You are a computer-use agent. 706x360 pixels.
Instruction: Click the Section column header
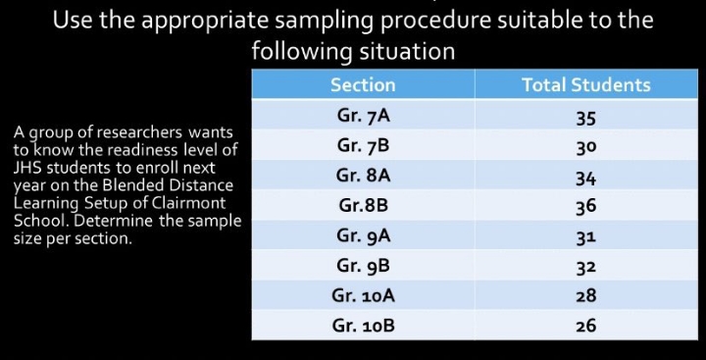pyautogui.click(x=363, y=85)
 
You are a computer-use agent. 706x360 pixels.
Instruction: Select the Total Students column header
pyautogui.click(x=585, y=85)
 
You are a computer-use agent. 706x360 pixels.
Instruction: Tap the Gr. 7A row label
pyautogui.click(x=363, y=115)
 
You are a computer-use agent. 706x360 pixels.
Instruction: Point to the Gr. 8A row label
pyautogui.click(x=363, y=176)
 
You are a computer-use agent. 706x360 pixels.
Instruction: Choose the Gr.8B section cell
pyautogui.click(x=363, y=206)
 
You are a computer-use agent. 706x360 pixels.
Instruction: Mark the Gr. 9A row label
pyautogui.click(x=363, y=235)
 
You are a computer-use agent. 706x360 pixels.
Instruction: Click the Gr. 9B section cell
pyautogui.click(x=363, y=265)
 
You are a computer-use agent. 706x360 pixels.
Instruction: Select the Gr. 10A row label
pyautogui.click(x=363, y=294)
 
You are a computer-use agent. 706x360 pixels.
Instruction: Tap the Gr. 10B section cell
pyautogui.click(x=363, y=325)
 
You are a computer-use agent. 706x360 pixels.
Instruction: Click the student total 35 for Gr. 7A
pyautogui.click(x=586, y=118)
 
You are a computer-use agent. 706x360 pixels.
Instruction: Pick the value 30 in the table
pyautogui.click(x=586, y=147)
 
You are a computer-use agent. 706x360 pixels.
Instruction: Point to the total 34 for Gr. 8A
pyautogui.click(x=586, y=178)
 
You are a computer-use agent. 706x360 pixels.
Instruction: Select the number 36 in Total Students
pyautogui.click(x=586, y=207)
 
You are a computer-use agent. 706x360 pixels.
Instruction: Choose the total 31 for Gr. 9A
pyautogui.click(x=586, y=236)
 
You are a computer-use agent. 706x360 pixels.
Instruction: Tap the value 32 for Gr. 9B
pyautogui.click(x=586, y=266)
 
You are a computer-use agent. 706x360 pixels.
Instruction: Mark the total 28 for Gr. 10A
pyautogui.click(x=586, y=295)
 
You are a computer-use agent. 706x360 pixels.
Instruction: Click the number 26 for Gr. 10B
pyautogui.click(x=586, y=326)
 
